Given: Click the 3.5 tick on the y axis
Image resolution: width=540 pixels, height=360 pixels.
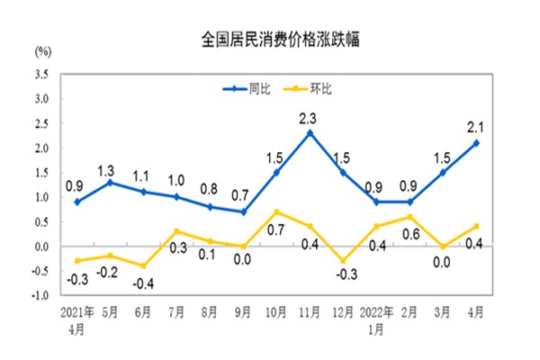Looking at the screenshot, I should pyautogui.click(x=41, y=74).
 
